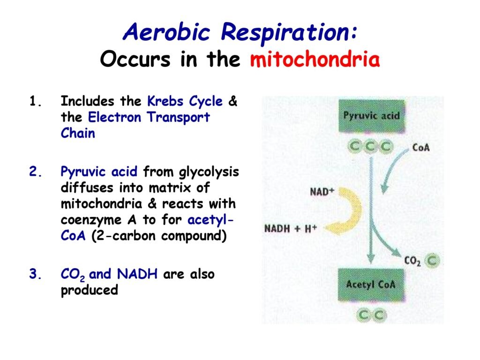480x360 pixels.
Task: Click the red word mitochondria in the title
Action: [315, 59]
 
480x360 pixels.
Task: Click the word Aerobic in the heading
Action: [166, 32]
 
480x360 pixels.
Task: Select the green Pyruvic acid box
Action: [372, 116]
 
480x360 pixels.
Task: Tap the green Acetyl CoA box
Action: [371, 285]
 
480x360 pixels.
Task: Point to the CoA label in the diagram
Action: [421, 148]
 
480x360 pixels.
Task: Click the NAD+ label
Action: [322, 192]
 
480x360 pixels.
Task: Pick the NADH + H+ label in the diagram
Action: [291, 228]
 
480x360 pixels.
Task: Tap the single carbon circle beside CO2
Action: [432, 261]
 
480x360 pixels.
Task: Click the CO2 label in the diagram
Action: [412, 261]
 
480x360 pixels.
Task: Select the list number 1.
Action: [35, 101]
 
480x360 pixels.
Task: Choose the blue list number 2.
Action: [36, 172]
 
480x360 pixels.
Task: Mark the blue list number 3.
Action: [36, 274]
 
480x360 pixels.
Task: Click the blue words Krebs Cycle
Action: [185, 102]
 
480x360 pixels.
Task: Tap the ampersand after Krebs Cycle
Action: [233, 101]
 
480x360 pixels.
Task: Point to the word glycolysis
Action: [209, 172]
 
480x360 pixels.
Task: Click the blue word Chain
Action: [78, 133]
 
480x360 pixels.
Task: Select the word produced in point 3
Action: [90, 290]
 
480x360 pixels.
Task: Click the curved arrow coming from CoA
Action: [392, 170]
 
